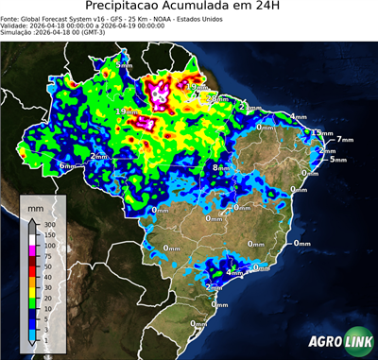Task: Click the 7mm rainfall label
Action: pos(344,140)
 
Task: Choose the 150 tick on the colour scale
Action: pos(44,233)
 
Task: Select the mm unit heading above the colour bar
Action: pos(35,205)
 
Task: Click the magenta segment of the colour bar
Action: pos(31,249)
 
